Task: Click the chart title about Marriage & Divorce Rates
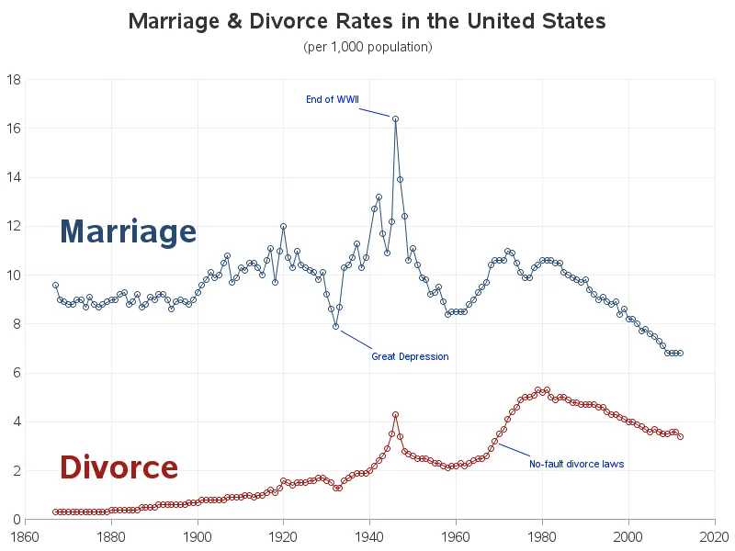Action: point(367,21)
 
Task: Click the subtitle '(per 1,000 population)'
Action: point(367,46)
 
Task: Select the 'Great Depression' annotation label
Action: point(410,356)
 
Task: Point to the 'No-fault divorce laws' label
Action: point(576,464)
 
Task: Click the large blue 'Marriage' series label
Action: point(128,231)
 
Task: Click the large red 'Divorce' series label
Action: point(119,467)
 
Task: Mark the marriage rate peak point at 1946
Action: point(395,118)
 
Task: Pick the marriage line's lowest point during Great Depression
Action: point(335,326)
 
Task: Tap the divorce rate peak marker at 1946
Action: point(395,414)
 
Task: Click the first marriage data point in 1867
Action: point(55,285)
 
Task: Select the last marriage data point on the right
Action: point(680,354)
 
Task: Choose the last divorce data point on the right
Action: point(680,436)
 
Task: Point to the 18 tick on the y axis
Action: point(14,80)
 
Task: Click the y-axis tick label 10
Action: point(14,275)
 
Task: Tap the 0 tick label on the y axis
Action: point(17,520)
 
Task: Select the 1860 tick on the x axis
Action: point(25,534)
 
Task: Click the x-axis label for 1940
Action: point(369,534)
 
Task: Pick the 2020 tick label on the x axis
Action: point(715,534)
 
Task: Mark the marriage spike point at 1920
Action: point(283,226)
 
